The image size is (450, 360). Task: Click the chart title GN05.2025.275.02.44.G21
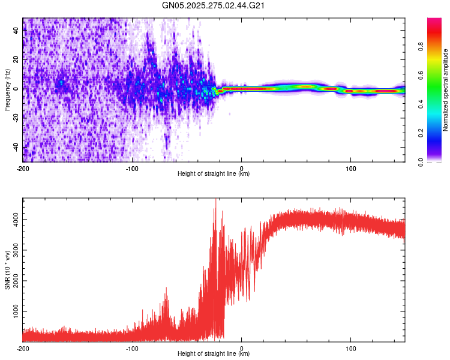214,6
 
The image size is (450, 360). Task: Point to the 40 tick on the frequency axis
16,31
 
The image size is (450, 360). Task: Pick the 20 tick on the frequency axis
16,60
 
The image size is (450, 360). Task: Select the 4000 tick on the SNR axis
13,221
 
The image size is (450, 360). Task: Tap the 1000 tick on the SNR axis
13,312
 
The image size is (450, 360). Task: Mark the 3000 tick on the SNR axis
13,251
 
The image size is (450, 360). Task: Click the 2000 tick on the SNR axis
13,281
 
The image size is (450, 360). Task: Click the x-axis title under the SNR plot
214,354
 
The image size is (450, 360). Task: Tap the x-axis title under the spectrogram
214,174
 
